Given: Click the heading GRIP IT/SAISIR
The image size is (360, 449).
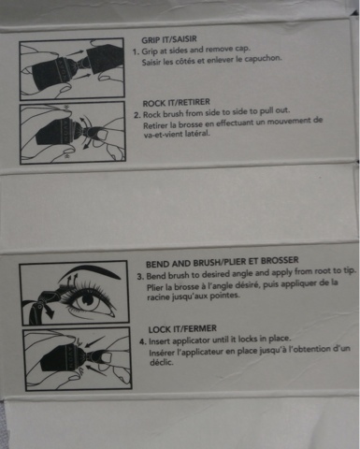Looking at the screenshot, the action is coord(169,39).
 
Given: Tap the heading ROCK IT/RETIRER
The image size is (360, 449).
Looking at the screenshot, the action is coord(177,103).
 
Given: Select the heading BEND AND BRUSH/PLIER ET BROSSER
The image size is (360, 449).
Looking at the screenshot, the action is coord(223,262).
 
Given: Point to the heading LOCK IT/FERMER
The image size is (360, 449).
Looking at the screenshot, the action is coord(182,329).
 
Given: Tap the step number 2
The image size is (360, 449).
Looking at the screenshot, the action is coord(137,115).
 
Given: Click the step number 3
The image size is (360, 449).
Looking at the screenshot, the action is coord(140,277).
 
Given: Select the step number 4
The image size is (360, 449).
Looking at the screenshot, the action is coord(143,341).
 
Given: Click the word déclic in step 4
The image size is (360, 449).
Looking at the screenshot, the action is coord(162,362).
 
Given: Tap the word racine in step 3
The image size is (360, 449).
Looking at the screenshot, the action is coord(157,297).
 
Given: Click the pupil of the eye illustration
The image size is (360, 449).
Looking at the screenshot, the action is coord(87,300).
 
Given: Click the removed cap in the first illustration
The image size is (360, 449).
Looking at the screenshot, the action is coord(105,60).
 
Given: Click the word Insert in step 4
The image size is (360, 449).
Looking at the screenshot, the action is coord(159,341).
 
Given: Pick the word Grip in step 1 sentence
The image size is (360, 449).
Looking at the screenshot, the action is coord(150,51).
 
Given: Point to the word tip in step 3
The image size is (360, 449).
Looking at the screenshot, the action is coord(349,270).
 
